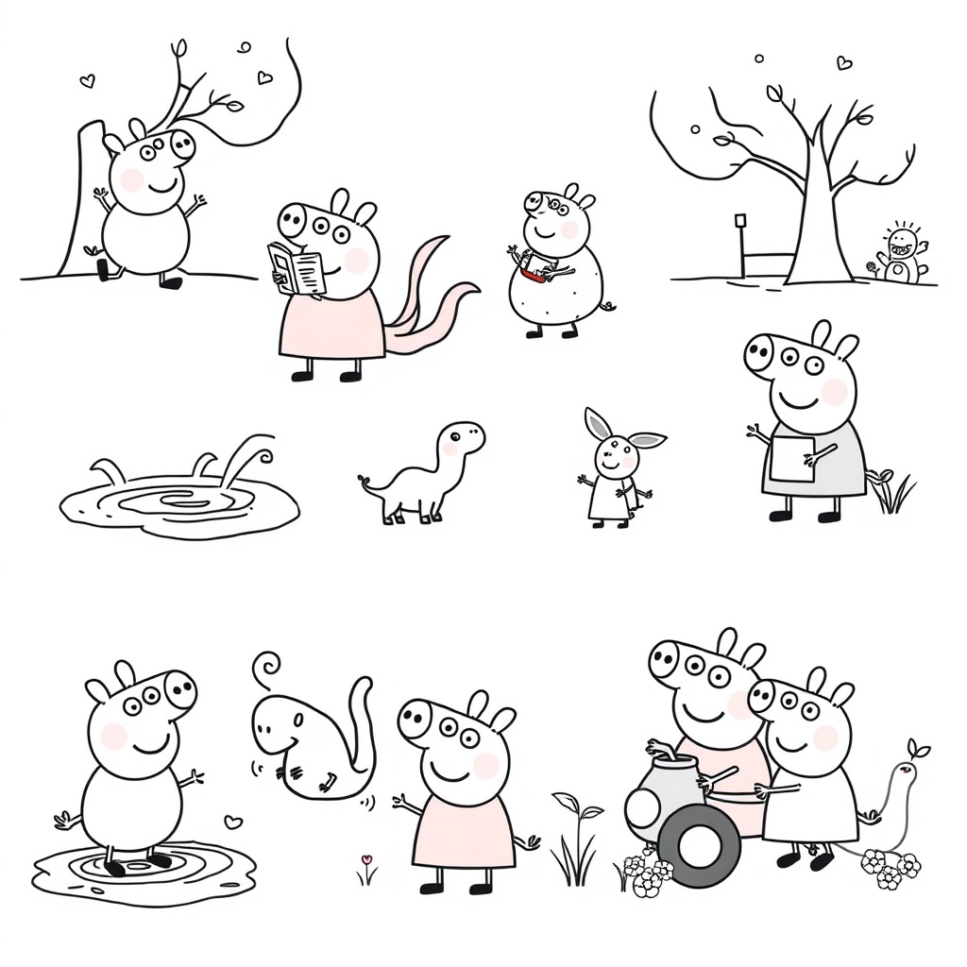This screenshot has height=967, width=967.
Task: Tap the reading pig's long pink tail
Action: click(430, 302)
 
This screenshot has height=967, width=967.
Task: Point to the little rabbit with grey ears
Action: click(616, 467)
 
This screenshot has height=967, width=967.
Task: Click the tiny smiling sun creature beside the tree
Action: click(902, 253)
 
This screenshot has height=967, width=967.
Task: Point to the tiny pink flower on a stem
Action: click(366, 861)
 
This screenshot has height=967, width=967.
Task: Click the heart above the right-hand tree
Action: click(843, 63)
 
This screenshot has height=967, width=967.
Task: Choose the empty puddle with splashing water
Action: click(179, 500)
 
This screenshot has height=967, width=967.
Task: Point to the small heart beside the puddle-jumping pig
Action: click(232, 822)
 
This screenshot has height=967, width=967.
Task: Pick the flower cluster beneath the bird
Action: click(890, 867)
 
